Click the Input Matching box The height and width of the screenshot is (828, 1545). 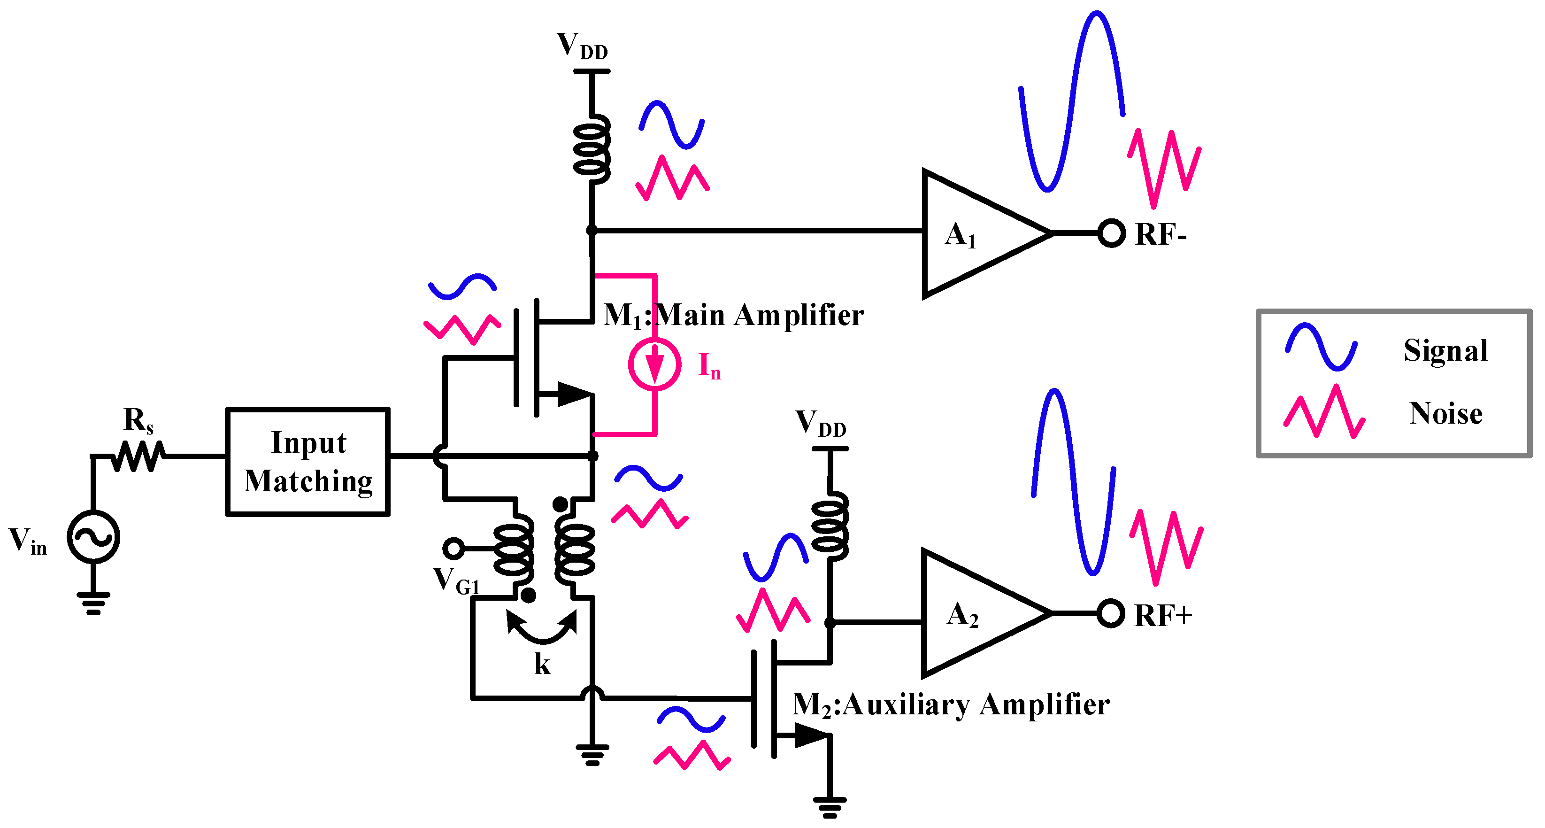coord(307,461)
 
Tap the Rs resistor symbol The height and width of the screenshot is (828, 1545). coord(138,456)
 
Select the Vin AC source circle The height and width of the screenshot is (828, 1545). coord(93,537)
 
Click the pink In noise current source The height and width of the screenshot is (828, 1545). coord(654,364)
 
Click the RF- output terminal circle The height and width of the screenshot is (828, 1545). coord(1111,233)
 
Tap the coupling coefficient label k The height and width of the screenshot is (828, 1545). coord(542,664)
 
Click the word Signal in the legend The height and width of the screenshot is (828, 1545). coord(1445,350)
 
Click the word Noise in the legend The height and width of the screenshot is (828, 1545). coord(1445,413)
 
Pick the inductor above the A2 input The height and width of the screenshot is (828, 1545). coord(830,526)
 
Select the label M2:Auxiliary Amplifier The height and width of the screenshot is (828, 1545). coord(951,704)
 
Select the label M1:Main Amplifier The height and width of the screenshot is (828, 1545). coord(733,315)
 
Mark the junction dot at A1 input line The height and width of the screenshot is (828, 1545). coord(592,231)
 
